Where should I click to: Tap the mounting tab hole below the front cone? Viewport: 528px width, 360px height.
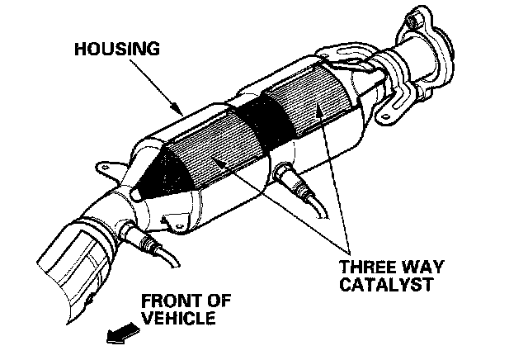click(173, 222)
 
